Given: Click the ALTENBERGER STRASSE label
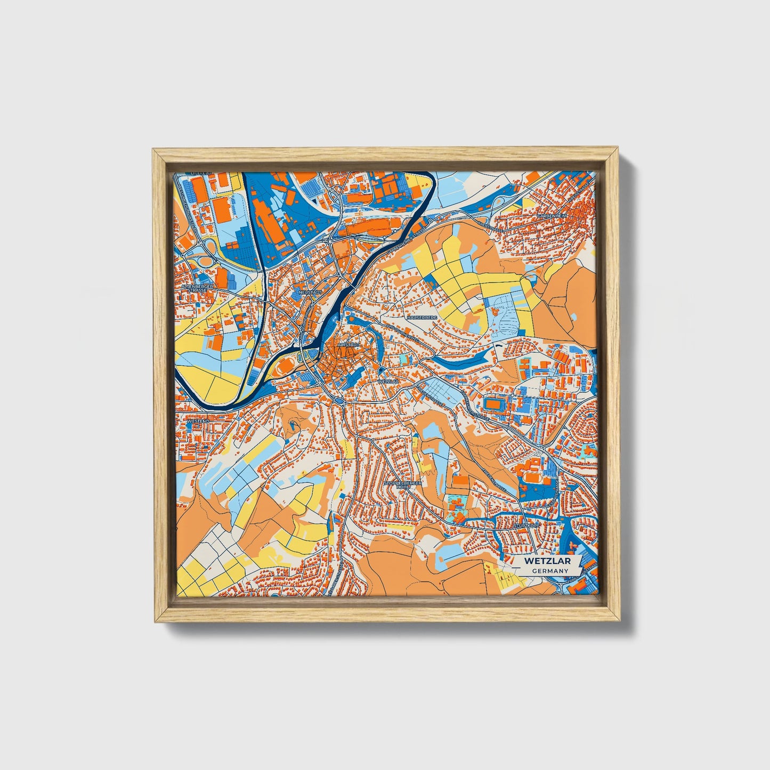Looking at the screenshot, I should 198,288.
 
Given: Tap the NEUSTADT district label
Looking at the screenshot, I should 311,293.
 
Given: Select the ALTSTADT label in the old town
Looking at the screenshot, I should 348,345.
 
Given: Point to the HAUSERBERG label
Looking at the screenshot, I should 422,317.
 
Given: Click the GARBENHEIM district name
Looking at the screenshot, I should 552,216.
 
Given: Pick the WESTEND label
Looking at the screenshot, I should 198,421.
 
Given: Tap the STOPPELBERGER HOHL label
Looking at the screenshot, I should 403,485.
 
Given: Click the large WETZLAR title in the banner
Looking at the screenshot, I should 547,561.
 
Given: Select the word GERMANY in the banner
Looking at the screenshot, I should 549,571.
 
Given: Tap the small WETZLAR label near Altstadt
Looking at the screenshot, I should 388,382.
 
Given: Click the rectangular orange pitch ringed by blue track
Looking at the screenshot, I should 493,405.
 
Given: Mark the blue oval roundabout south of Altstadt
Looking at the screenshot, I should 339,399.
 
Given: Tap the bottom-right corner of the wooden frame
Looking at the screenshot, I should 620,621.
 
